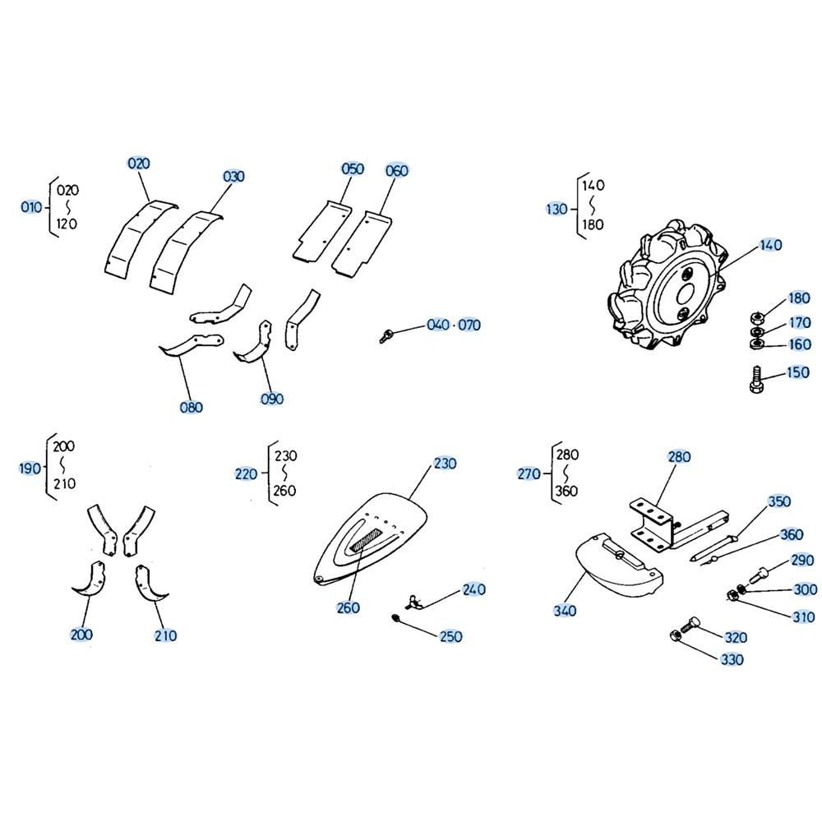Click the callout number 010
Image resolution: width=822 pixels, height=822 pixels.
point(31,207)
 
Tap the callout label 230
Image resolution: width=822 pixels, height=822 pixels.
point(445,464)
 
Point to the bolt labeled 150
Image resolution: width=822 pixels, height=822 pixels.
point(755,380)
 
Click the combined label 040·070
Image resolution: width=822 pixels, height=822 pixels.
point(454,325)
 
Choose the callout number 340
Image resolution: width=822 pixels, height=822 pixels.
point(565,611)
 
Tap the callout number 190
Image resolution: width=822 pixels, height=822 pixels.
point(30,469)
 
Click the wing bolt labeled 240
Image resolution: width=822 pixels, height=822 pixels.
point(415,602)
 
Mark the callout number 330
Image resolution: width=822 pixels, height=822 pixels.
point(732,659)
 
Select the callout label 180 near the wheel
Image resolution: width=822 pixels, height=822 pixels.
point(799,298)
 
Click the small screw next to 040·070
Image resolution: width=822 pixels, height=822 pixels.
point(386,335)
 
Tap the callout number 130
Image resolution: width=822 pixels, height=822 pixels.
point(556,209)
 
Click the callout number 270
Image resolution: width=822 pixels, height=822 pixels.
point(529,474)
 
